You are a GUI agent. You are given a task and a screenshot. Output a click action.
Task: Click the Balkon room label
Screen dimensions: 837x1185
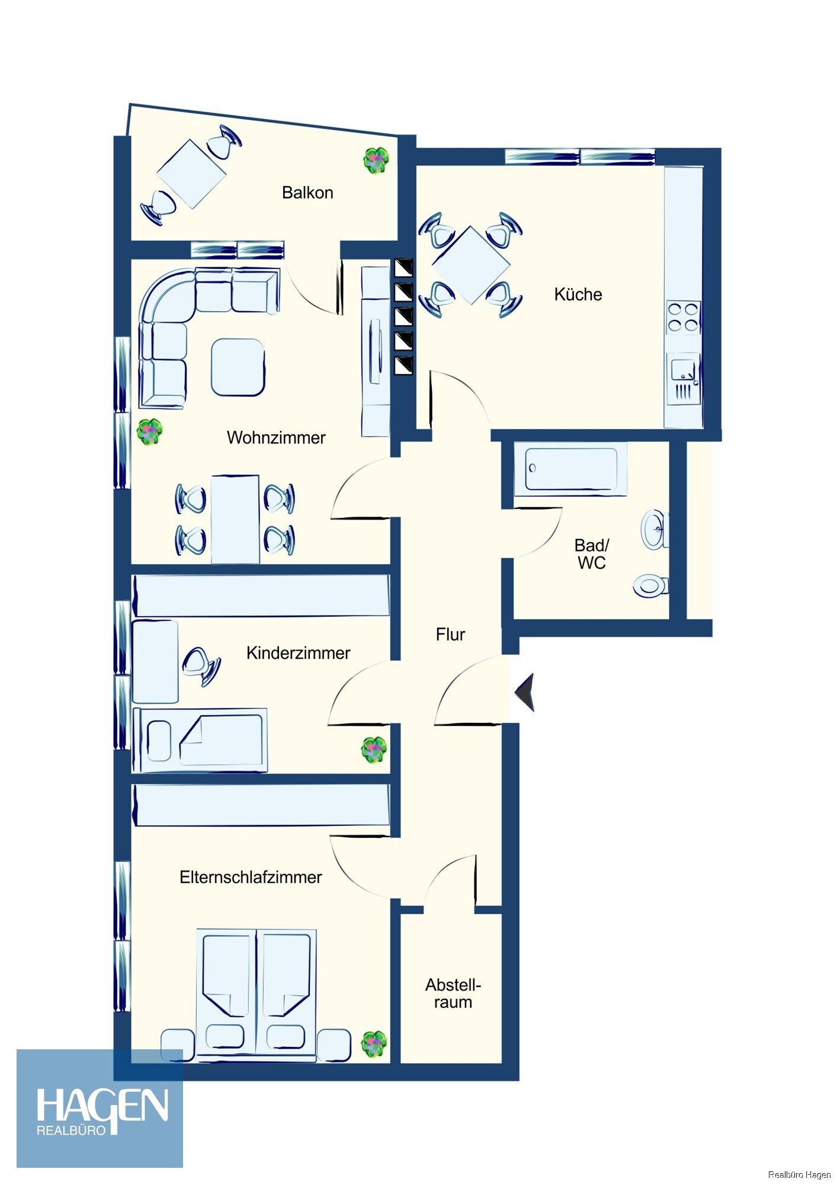(x=307, y=193)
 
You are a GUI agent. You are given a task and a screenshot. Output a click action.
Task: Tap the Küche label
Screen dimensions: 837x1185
(x=578, y=294)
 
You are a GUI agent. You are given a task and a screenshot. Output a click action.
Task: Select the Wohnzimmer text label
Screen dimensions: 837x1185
(x=276, y=438)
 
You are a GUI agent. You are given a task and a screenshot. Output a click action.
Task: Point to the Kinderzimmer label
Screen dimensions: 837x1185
(x=298, y=653)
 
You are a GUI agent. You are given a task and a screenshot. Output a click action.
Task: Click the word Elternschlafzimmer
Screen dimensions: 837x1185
(x=251, y=877)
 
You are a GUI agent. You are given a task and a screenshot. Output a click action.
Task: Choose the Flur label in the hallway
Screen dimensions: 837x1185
(x=450, y=635)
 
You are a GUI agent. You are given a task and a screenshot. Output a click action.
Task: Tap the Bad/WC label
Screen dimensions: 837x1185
(x=592, y=554)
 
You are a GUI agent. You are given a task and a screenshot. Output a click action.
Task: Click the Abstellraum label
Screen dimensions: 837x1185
(x=453, y=994)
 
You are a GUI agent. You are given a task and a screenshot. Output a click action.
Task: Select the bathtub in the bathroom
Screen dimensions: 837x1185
(x=570, y=468)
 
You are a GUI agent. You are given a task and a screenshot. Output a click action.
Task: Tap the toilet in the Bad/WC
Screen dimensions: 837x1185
(x=651, y=586)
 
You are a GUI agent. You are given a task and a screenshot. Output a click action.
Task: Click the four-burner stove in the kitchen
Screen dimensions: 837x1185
(x=684, y=317)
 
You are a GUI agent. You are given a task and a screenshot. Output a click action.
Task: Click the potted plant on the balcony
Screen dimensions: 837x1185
(x=376, y=160)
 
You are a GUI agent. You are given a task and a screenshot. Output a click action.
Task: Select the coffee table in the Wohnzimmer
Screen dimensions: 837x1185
(x=238, y=367)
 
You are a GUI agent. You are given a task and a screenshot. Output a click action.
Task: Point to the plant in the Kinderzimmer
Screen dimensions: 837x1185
(x=374, y=750)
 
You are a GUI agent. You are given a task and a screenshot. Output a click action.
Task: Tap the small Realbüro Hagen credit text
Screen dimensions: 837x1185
(x=799, y=1174)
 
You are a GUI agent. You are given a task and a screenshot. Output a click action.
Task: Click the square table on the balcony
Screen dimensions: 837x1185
(x=191, y=174)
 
